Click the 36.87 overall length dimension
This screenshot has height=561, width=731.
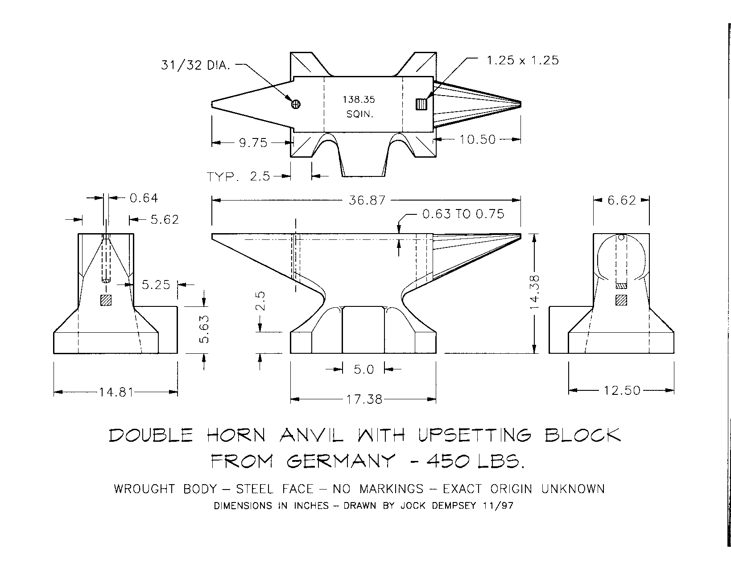(x=367, y=201)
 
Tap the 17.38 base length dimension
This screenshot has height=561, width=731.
(x=364, y=399)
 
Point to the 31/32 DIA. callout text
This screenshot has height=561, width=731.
(x=195, y=65)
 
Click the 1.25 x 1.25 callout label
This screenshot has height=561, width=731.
(x=523, y=60)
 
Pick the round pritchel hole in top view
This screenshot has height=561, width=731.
(x=296, y=104)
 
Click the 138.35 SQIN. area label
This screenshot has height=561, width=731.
(x=359, y=107)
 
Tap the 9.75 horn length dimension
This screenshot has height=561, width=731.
(x=253, y=142)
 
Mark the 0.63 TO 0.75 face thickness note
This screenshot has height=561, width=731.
(x=463, y=214)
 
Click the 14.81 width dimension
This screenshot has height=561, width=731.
(x=116, y=392)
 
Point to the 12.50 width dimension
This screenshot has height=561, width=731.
(x=622, y=390)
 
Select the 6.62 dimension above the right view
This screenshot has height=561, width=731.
(x=621, y=200)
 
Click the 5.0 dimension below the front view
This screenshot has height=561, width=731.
(x=363, y=369)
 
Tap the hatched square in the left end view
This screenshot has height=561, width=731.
(x=106, y=300)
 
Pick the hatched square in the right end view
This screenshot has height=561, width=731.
(x=621, y=300)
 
